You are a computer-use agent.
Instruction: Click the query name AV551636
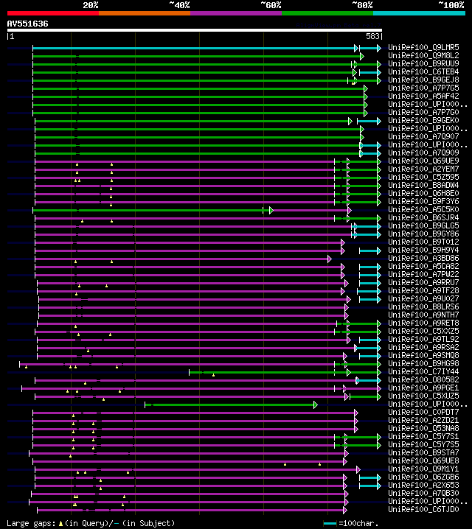click(x=27, y=24)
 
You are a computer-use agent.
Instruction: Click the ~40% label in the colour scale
click(x=179, y=5)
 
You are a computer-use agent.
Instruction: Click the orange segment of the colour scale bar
click(x=144, y=13)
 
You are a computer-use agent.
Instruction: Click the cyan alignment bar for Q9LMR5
click(x=192, y=48)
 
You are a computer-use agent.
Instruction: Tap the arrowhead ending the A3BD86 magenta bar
click(x=330, y=259)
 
